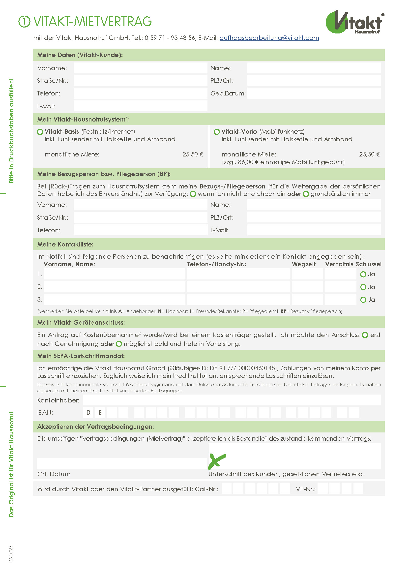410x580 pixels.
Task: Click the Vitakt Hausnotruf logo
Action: pyautogui.click(x=355, y=22)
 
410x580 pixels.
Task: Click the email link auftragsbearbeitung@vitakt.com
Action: pyautogui.click(x=269, y=38)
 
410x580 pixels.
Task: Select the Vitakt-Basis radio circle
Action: pyautogui.click(x=40, y=132)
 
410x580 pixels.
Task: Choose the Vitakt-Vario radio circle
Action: pyautogui.click(x=217, y=132)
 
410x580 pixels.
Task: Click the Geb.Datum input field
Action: pyautogui.click(x=314, y=93)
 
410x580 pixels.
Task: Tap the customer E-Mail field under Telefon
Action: pyautogui.click(x=141, y=106)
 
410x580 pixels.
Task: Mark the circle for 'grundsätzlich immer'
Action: pyautogui.click(x=306, y=194)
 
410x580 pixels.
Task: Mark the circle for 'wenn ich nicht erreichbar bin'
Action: pyautogui.click(x=193, y=194)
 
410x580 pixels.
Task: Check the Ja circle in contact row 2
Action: pyautogui.click(x=363, y=287)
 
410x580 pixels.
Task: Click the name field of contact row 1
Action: pyautogui.click(x=114, y=274)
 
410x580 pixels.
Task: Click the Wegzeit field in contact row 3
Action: pyautogui.click(x=307, y=300)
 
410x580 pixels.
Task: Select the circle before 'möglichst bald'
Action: pyautogui.click(x=119, y=344)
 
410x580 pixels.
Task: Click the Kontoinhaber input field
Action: pyautogui.click(x=232, y=400)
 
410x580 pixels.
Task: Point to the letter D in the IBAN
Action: pyautogui.click(x=88, y=413)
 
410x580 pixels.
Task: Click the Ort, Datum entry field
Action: pyautogui.click(x=122, y=464)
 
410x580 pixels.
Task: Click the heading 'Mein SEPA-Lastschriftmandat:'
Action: pyautogui.click(x=81, y=356)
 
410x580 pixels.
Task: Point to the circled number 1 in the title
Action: pyautogui.click(x=25, y=22)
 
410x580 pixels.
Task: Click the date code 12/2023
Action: pyautogui.click(x=11, y=554)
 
